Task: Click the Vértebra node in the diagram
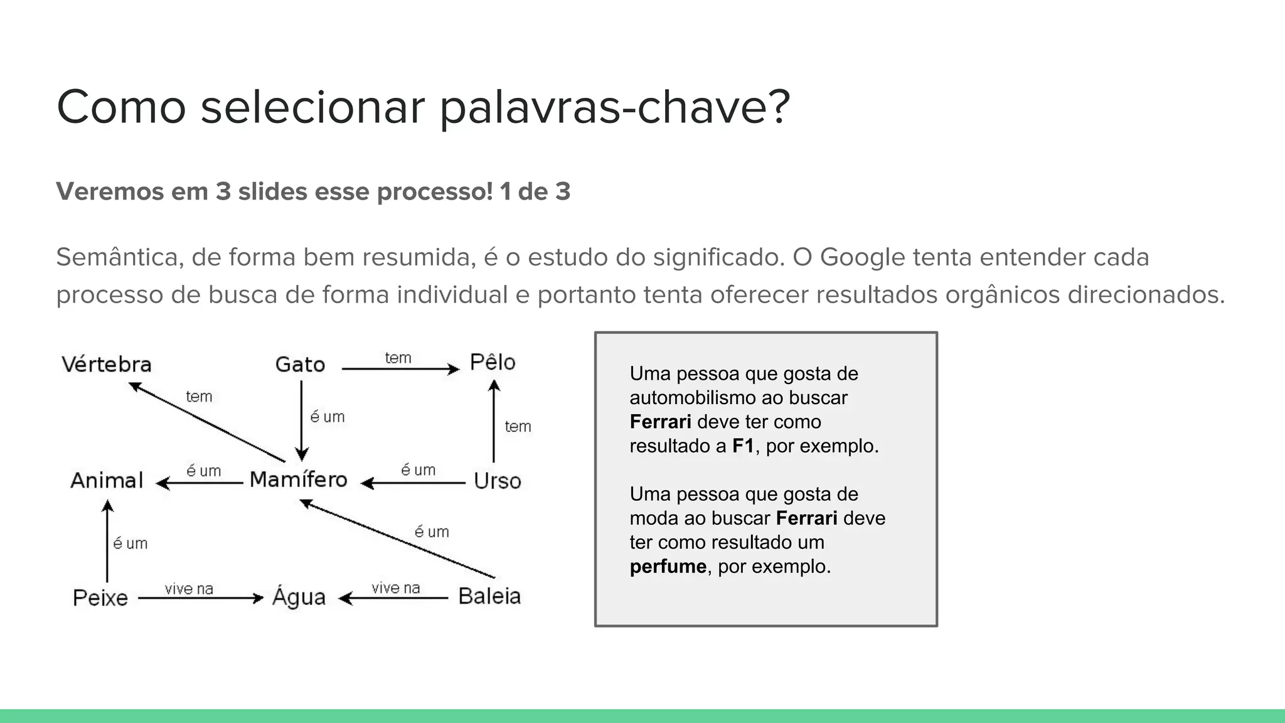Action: tap(107, 365)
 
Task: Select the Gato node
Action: tap(300, 365)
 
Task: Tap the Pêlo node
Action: tap(493, 363)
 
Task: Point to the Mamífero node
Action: tap(298, 480)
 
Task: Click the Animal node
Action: tap(107, 481)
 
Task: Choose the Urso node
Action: tap(497, 481)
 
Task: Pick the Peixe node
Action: tap(100, 597)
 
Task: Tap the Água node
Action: tap(299, 597)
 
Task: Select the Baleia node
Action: tap(489, 596)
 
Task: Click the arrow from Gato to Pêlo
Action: tap(400, 369)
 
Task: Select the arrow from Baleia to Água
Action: tap(394, 599)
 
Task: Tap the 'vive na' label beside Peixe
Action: tap(189, 589)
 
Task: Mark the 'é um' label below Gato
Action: tap(328, 417)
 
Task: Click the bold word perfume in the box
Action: tap(668, 567)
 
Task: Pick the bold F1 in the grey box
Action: tap(743, 446)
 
